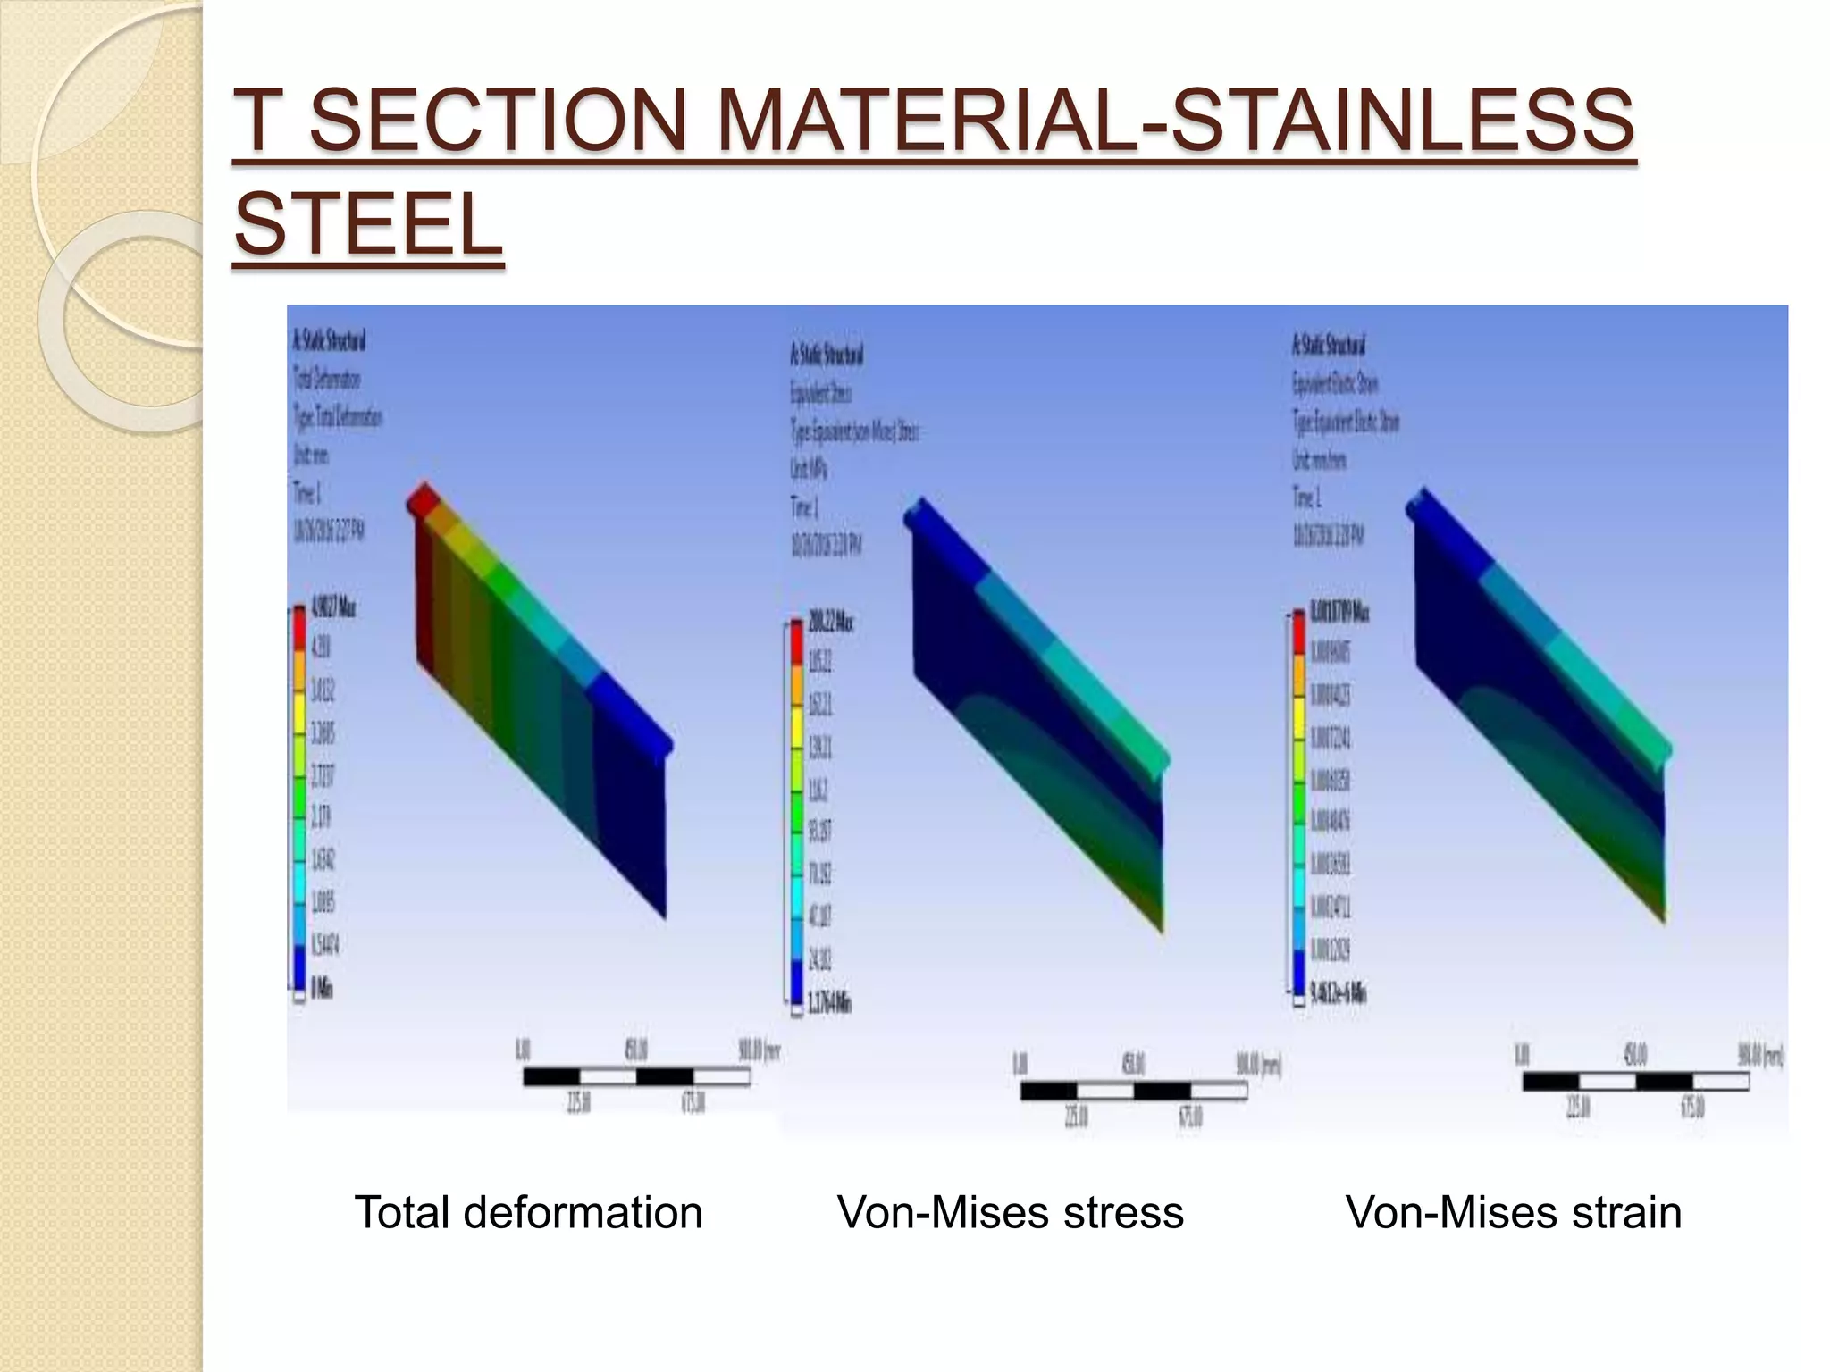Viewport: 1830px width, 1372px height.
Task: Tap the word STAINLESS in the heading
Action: point(1402,120)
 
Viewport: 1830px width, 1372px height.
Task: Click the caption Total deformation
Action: point(528,1212)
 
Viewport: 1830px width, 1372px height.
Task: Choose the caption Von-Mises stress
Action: point(1010,1212)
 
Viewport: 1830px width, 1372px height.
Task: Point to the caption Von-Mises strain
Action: point(1513,1212)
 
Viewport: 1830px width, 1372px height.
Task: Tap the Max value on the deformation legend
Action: point(332,608)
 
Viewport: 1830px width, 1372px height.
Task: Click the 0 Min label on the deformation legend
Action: point(321,988)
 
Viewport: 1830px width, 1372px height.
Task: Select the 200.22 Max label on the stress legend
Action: point(830,622)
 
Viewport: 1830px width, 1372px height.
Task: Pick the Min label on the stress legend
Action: point(828,1003)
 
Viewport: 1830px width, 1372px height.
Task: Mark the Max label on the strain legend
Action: point(1339,613)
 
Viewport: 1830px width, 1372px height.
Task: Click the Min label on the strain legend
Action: point(1338,992)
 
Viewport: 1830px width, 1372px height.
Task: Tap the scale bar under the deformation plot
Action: point(635,1077)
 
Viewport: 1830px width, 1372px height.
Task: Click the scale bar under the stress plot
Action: point(1133,1091)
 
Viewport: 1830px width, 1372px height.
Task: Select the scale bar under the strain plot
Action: point(1634,1082)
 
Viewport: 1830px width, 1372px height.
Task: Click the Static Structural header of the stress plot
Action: point(827,356)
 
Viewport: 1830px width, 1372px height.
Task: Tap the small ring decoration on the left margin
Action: point(121,322)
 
